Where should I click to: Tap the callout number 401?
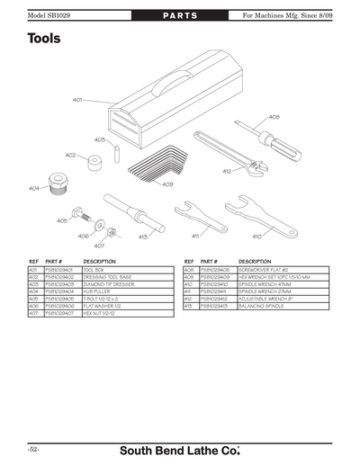tap(77, 99)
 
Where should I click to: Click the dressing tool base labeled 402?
tap(90, 165)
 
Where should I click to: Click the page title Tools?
tap(45, 40)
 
